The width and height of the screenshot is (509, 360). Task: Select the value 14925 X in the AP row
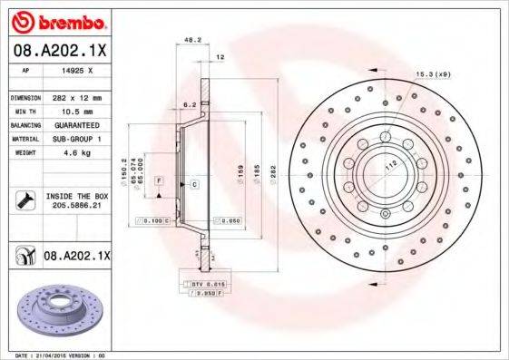tap(76, 70)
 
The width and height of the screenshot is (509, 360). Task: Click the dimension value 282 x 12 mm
tap(77, 96)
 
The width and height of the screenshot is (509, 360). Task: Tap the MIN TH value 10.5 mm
tap(77, 111)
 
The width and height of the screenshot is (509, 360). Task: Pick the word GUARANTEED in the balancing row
tap(77, 124)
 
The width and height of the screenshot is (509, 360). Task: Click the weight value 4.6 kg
tap(77, 152)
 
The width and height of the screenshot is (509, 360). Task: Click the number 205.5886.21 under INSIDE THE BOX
tap(77, 207)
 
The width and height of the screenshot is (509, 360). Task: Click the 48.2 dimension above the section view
tap(192, 41)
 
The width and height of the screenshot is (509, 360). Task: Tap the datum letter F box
tap(159, 181)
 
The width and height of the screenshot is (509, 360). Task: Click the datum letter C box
tap(194, 184)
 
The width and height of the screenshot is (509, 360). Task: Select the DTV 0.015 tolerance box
tap(209, 286)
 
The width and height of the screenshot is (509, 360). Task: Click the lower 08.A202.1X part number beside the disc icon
tap(76, 257)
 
